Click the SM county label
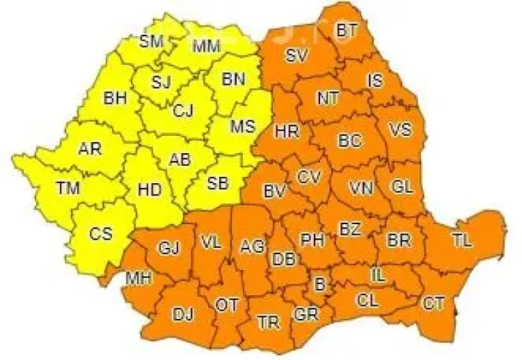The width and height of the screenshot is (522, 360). (151, 41)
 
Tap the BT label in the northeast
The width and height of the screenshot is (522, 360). (346, 31)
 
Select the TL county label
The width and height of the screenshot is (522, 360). (461, 241)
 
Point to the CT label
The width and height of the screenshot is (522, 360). (433, 303)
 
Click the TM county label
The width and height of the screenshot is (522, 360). (68, 188)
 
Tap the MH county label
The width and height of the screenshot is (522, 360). (137, 279)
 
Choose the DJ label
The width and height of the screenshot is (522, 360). (182, 315)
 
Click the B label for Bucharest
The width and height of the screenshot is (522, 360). (320, 284)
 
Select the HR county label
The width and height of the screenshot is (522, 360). (286, 130)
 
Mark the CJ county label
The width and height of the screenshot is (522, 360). (183, 110)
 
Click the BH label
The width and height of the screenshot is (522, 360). (114, 98)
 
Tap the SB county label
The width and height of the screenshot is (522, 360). (218, 183)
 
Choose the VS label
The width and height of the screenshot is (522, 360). (400, 130)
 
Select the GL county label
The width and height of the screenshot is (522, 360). (402, 186)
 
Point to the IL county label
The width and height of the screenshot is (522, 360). (378, 276)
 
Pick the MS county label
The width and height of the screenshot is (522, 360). (242, 127)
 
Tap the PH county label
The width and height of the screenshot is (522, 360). (312, 240)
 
